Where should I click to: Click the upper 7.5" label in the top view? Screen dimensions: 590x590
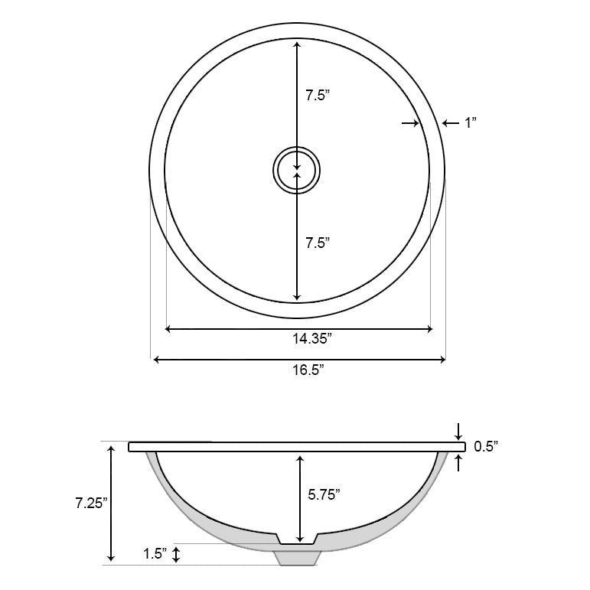point(318,96)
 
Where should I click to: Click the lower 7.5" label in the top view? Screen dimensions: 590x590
point(318,243)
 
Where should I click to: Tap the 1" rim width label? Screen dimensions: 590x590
point(471,122)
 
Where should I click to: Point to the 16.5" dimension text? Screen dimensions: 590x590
point(306,370)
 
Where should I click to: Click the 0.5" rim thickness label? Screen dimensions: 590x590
point(486,445)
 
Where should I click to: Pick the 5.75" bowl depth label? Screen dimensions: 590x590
point(324,494)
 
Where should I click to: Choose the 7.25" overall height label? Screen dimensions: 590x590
point(90,503)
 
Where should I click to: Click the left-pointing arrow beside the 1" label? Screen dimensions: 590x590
point(450,122)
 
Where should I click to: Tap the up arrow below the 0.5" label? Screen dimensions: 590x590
point(458,461)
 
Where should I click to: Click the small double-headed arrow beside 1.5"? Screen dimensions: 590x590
point(177,555)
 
